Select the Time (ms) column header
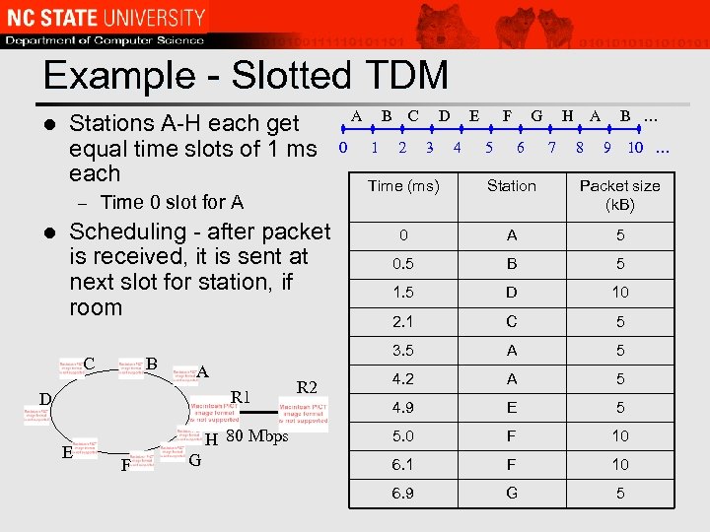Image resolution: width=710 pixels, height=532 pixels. click(x=403, y=186)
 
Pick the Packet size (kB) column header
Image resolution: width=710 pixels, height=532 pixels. click(x=619, y=195)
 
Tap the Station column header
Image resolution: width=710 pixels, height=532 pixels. click(x=511, y=186)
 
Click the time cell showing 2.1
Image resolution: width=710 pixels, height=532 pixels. click(x=403, y=321)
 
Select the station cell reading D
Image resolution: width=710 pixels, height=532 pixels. click(x=511, y=293)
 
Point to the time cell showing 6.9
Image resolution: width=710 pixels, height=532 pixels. click(x=403, y=492)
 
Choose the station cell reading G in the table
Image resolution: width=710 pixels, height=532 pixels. click(x=511, y=492)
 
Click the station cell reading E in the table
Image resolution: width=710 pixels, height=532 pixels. click(x=511, y=407)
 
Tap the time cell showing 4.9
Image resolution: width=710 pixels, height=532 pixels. click(x=403, y=407)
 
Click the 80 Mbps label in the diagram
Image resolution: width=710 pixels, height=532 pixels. click(x=256, y=436)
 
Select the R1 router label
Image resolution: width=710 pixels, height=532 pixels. click(x=242, y=398)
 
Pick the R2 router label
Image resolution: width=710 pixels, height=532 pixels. click(x=308, y=387)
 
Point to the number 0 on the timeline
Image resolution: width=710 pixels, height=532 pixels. click(x=342, y=149)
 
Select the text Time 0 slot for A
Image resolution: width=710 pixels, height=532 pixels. click(x=172, y=203)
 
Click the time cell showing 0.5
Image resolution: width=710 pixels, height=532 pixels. click(x=403, y=264)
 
